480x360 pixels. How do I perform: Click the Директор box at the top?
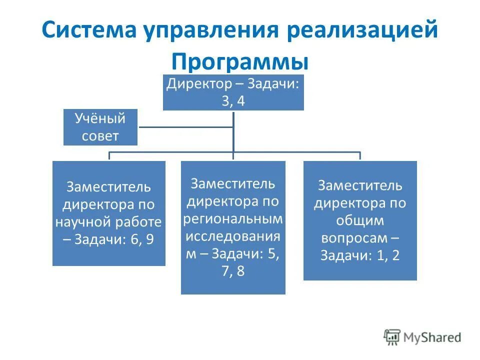[x=233, y=92]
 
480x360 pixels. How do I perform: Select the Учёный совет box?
[x=100, y=127]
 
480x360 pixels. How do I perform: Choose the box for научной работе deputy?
[x=108, y=213]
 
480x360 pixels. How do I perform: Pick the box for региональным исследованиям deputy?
[x=233, y=227]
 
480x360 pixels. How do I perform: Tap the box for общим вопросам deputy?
[x=360, y=220]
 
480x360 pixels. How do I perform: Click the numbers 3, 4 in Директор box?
[x=233, y=100]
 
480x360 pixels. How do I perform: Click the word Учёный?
[x=100, y=119]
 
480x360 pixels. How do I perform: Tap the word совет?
[x=100, y=136]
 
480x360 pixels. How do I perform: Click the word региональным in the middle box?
[x=233, y=219]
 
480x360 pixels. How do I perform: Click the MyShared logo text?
[x=432, y=337]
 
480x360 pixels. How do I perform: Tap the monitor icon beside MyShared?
[x=392, y=337]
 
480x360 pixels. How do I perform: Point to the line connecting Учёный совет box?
[x=185, y=127]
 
